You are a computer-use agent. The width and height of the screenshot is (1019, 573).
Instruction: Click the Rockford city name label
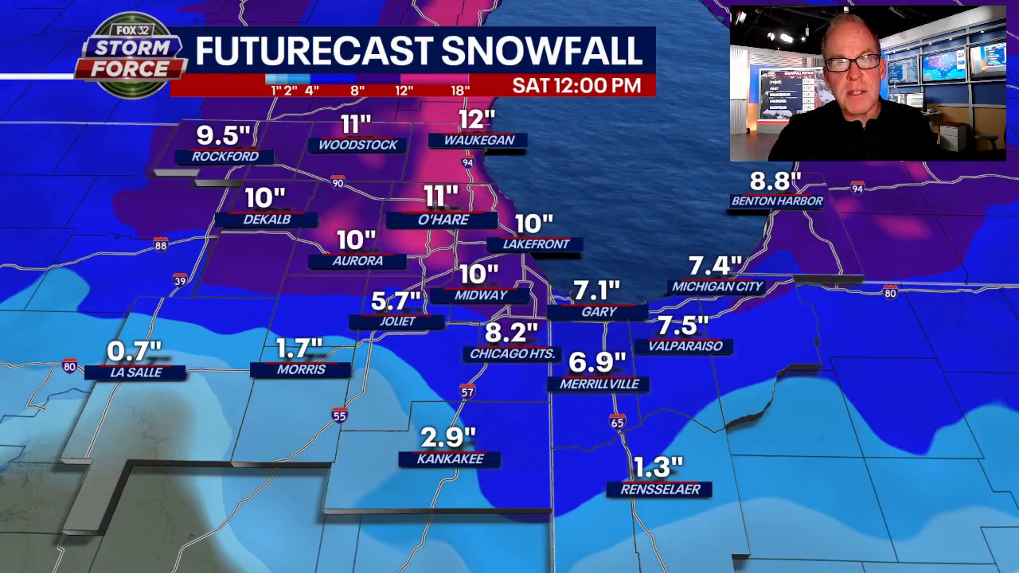(x=225, y=156)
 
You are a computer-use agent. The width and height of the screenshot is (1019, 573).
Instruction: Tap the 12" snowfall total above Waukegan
(x=477, y=119)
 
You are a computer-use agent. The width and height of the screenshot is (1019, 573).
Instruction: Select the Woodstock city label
(x=357, y=145)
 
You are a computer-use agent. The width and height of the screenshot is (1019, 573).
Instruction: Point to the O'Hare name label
(x=443, y=220)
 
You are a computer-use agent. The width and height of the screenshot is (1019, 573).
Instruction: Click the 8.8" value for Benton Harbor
(x=775, y=181)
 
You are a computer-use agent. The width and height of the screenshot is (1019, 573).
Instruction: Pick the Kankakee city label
(x=450, y=459)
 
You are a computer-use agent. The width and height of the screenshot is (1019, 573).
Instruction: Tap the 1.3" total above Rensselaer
(x=658, y=466)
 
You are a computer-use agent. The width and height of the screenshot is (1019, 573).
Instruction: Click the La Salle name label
(x=135, y=372)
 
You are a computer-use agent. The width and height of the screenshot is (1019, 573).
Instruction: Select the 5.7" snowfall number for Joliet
(x=396, y=301)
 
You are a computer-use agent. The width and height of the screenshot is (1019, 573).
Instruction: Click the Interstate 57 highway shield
(x=467, y=392)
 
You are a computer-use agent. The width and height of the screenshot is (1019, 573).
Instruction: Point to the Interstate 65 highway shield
(x=618, y=422)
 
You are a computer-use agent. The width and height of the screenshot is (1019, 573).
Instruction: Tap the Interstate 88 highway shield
(x=161, y=245)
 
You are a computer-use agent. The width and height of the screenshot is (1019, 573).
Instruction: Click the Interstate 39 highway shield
(x=180, y=280)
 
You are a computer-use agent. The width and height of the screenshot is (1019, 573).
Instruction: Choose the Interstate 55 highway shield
(x=340, y=415)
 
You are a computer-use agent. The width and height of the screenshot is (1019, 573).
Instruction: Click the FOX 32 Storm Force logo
(x=130, y=56)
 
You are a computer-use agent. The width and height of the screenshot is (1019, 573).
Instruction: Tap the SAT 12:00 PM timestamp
(x=576, y=85)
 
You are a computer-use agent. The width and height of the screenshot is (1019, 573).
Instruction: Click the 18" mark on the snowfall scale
(x=460, y=90)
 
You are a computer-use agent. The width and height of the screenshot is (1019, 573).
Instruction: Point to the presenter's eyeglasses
(x=853, y=62)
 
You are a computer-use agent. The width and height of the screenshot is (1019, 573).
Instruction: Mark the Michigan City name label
(x=717, y=286)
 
